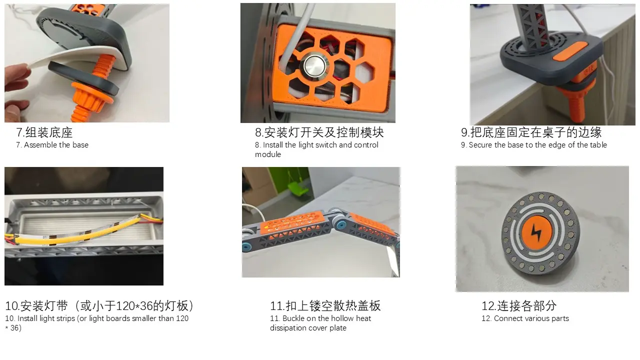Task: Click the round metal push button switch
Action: click(314, 65)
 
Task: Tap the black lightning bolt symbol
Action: click(536, 233)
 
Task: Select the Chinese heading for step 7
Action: click(44, 132)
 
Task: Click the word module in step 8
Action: click(268, 154)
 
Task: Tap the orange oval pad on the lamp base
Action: click(570, 51)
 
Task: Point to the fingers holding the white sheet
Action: click(17, 85)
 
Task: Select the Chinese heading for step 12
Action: click(519, 306)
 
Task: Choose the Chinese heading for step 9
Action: click(531, 132)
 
